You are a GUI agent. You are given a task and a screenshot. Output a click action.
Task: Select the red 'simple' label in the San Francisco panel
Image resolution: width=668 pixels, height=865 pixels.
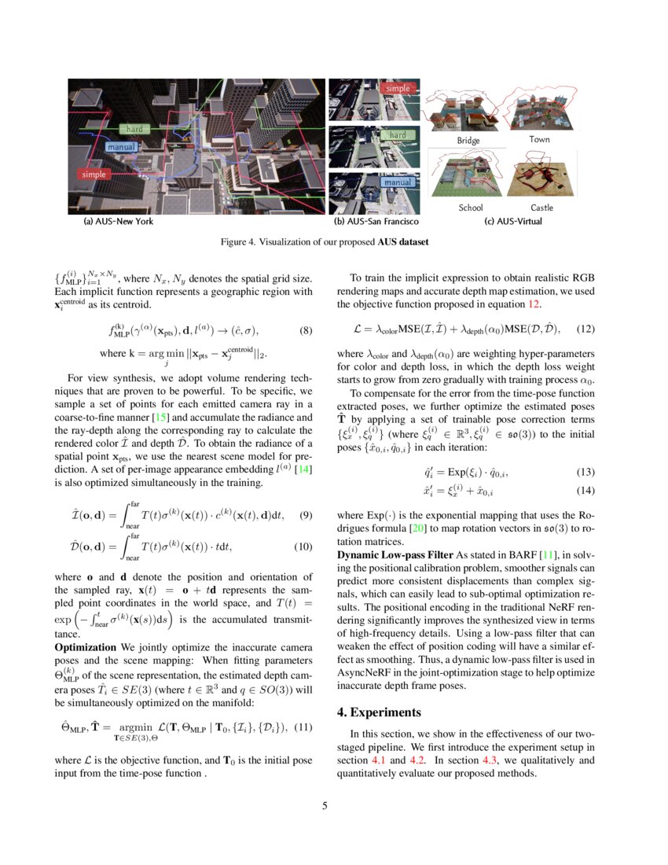[398, 89]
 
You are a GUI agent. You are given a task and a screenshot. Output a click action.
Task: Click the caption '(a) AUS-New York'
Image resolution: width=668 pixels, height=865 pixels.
[119, 222]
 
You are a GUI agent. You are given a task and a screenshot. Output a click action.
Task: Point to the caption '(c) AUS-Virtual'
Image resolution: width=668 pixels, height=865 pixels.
[513, 222]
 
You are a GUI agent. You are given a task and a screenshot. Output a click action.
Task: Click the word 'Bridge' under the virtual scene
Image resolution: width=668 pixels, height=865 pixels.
[468, 140]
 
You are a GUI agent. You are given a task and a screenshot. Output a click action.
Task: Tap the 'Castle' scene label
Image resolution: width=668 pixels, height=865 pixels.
[541, 208]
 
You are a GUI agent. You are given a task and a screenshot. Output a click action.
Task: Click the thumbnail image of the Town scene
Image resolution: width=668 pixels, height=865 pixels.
[541, 110]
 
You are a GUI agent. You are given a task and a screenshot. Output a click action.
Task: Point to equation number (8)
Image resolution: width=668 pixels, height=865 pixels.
[306, 330]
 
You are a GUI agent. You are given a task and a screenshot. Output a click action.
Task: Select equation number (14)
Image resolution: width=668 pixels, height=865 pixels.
[586, 490]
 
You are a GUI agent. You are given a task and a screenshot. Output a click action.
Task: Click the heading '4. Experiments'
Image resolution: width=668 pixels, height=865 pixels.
[380, 712]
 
